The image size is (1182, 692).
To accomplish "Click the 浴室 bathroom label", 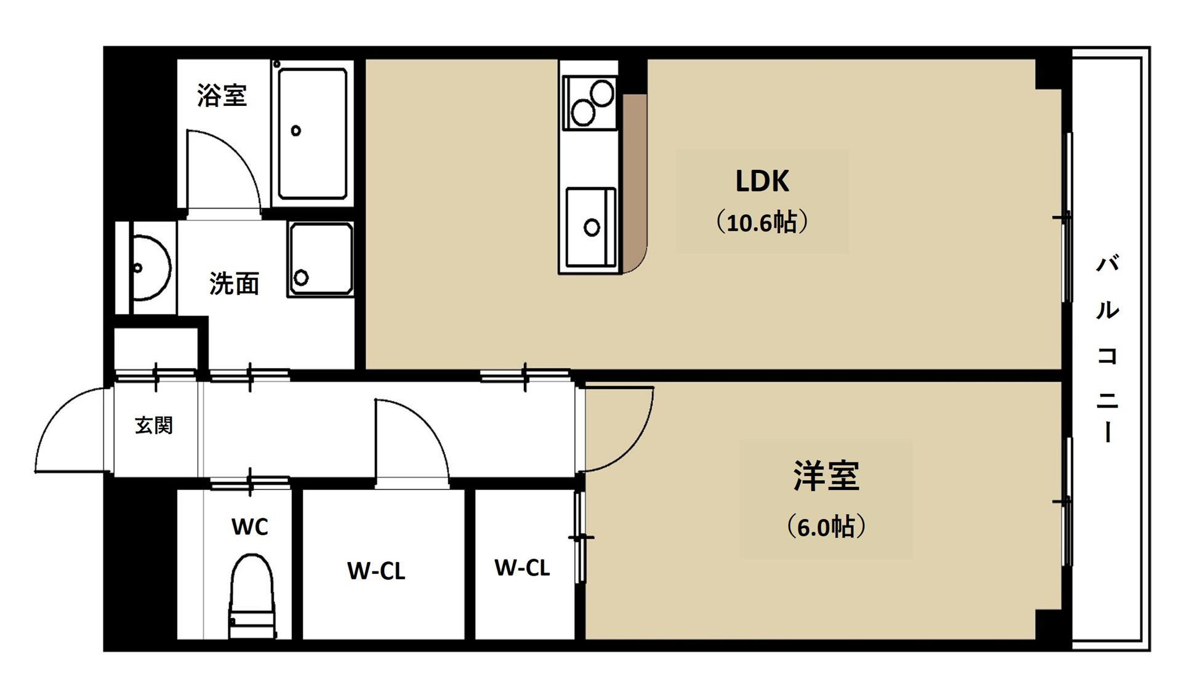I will point(222,95).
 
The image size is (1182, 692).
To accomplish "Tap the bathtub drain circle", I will point(296,131).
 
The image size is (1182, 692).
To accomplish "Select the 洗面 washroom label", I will point(234,284).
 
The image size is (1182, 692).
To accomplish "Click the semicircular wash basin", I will point(150,268).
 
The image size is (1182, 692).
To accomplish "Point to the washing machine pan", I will point(321,259).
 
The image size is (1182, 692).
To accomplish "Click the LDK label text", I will point(762,181).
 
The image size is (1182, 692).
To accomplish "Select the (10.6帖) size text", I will point(762,222).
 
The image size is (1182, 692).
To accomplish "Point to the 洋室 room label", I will point(826,475).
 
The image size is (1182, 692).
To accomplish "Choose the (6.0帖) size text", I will point(826,526).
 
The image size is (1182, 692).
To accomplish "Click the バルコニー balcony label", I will point(1107,348).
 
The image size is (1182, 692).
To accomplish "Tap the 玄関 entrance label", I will point(153,425).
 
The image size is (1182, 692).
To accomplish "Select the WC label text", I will point(249,527).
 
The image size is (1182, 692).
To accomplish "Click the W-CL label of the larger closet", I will point(376,571).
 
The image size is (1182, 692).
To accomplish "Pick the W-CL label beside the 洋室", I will point(522,568).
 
